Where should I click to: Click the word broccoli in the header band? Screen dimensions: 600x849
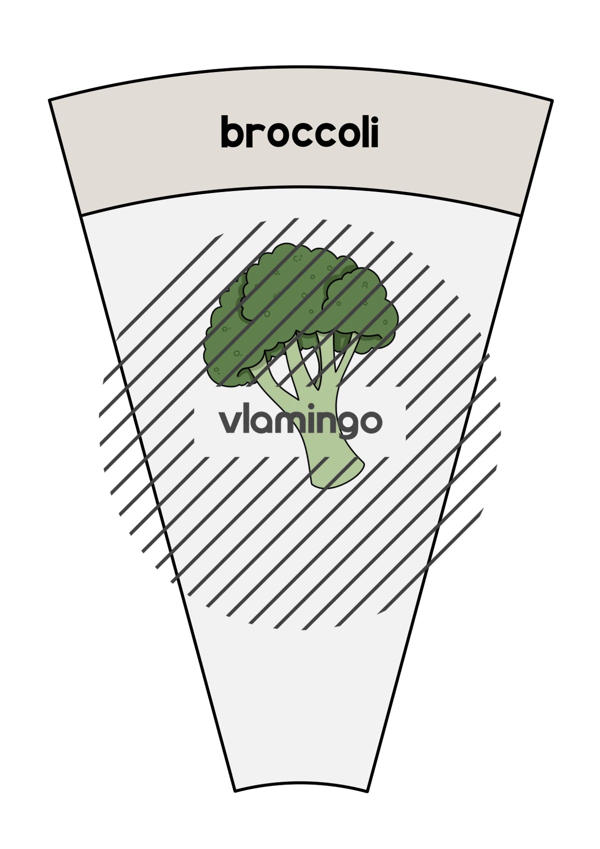click(300, 132)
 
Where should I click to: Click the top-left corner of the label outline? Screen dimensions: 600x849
click(49, 100)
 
